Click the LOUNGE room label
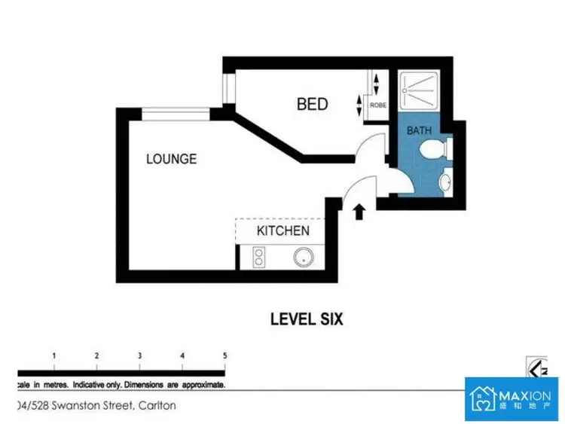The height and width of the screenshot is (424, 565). coord(171,159)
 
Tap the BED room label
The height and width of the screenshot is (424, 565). coord(312,104)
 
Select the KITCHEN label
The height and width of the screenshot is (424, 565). coord(282,230)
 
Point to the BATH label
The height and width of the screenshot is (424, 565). coord(419,130)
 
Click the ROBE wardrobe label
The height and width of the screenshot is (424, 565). coord(378,105)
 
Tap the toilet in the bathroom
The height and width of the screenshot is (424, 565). coord(435,151)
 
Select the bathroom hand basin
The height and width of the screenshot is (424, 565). coord(445,181)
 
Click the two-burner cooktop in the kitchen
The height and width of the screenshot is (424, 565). coord(255,259)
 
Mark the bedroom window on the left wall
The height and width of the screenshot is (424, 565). coord(228,87)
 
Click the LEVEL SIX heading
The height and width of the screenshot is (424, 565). coord(307,319)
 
